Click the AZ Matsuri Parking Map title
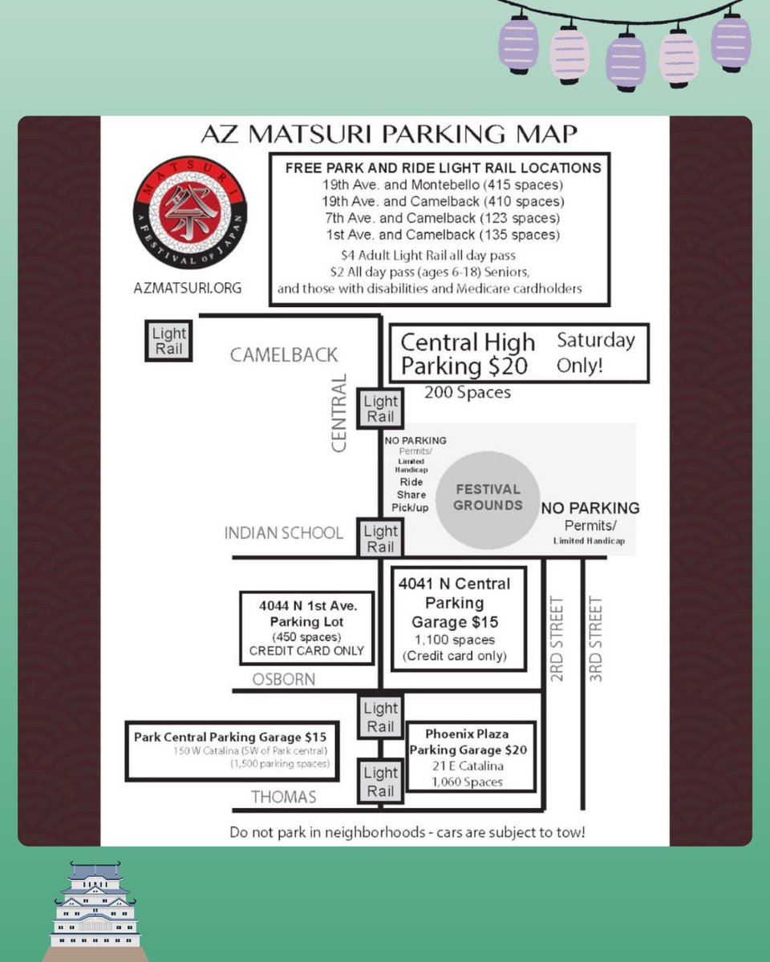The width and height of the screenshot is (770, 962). tap(389, 134)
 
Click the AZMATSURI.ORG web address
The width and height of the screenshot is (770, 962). tap(188, 288)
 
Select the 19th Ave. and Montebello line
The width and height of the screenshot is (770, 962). tap(443, 184)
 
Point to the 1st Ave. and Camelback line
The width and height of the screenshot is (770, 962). tap(443, 235)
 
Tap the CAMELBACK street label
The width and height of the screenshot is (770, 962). tap(284, 355)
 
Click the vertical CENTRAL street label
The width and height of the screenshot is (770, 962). tap(338, 413)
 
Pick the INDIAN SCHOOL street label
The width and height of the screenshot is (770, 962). tap(284, 533)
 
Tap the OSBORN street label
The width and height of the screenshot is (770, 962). tap(284, 679)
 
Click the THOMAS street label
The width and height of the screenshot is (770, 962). tap(284, 797)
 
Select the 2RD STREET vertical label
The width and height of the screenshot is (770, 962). tap(557, 639)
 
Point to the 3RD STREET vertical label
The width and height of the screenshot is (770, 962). tap(595, 639)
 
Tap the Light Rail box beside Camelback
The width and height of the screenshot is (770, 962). tap(168, 341)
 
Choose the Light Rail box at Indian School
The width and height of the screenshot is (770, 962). tap(381, 538)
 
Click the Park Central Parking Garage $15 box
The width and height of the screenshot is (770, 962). tap(232, 751)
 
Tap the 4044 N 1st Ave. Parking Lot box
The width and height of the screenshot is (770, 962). tap(307, 628)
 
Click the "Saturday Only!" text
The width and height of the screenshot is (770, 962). tap(595, 353)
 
